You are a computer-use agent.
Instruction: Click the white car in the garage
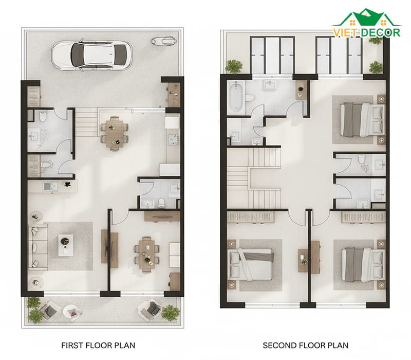pos(92,55)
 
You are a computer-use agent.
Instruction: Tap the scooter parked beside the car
pos(164,41)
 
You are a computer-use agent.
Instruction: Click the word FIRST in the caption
pos(71,345)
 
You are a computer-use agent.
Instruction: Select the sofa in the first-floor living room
pos(38,247)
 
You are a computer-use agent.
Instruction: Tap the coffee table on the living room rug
pos(66,245)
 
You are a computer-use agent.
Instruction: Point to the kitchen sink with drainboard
pos(50,186)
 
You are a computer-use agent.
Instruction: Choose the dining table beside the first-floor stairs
pos(115,134)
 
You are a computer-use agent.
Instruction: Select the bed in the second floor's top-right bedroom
pos(362,120)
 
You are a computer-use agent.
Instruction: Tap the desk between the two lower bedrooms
pos(309,257)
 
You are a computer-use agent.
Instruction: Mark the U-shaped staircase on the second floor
pos(254,178)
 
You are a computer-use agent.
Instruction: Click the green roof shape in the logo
pos(366,18)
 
